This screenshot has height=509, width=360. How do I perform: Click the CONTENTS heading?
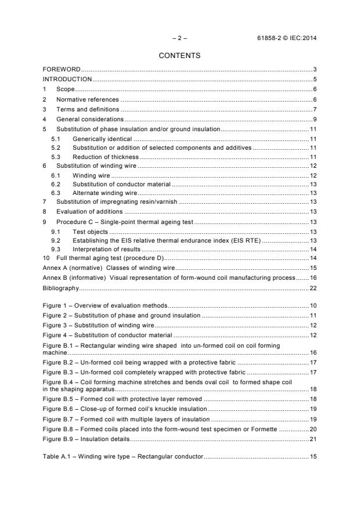click(179, 56)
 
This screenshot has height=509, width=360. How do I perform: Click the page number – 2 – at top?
click(179, 38)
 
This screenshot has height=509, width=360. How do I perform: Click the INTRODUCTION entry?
click(67, 79)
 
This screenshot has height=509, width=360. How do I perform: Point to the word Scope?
click(65, 89)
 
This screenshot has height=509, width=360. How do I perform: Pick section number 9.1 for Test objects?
click(56, 232)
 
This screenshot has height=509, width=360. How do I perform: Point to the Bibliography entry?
click(60, 288)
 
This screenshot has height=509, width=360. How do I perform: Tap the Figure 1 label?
click(56, 305)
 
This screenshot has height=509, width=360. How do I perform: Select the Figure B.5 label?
click(60, 399)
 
